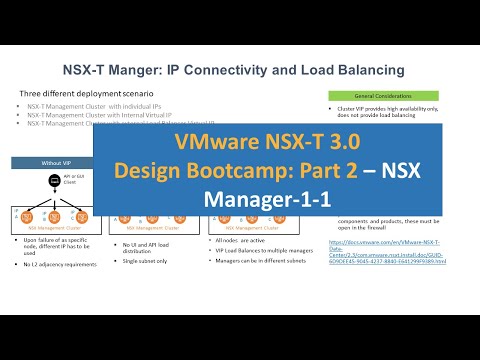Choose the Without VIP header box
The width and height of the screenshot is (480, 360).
[56, 160]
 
